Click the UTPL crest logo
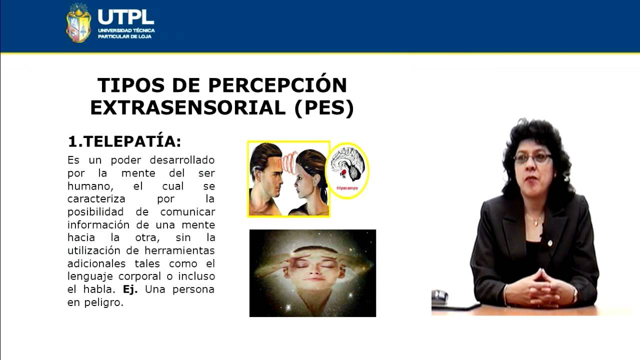click(78, 23)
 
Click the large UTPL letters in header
click(126, 16)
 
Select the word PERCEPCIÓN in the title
click(277, 85)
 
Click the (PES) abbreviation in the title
click(324, 108)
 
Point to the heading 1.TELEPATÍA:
click(124, 141)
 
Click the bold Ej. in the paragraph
click(133, 289)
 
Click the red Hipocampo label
click(348, 188)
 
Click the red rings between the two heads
click(289, 161)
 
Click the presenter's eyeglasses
click(532, 158)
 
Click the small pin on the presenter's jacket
click(549, 243)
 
